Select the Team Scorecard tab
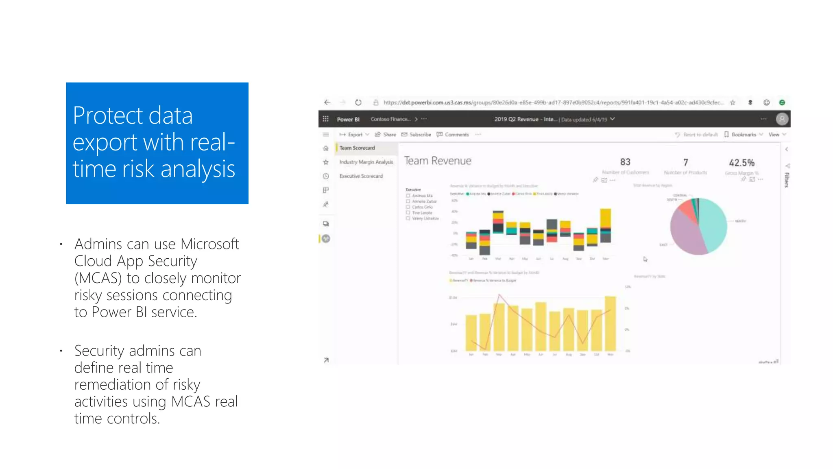pyautogui.click(x=357, y=148)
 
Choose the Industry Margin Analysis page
pyautogui.click(x=366, y=162)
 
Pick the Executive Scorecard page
pyautogui.click(x=361, y=176)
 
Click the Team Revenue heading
pyautogui.click(x=438, y=161)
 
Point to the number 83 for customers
pyautogui.click(x=625, y=162)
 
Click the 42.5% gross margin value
pyautogui.click(x=741, y=163)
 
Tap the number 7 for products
pyautogui.click(x=686, y=163)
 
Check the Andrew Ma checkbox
pyautogui.click(x=408, y=196)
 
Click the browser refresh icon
pyautogui.click(x=358, y=103)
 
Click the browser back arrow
pyautogui.click(x=327, y=103)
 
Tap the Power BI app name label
pyautogui.click(x=348, y=120)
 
